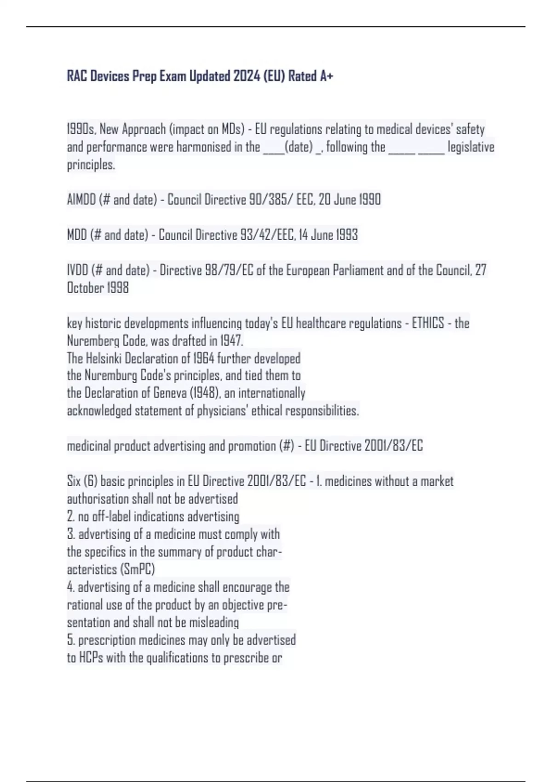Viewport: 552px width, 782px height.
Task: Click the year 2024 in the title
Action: tap(247, 76)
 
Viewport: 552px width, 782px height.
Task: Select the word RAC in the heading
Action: tap(77, 76)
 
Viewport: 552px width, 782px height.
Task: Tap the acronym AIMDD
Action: tap(81, 200)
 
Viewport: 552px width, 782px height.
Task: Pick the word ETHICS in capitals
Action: tap(428, 323)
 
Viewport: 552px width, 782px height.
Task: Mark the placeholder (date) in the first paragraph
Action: tap(299, 147)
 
